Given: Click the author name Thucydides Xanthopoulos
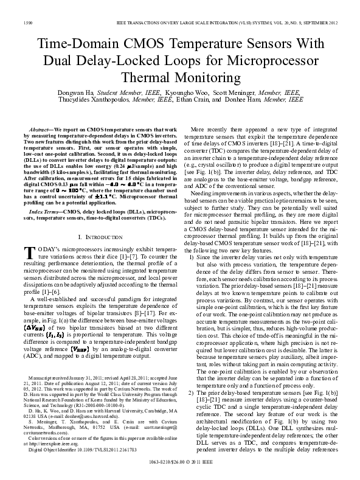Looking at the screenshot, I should pyautogui.click(x=86, y=99).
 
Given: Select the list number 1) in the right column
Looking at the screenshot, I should pyautogui.click(x=194, y=257).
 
